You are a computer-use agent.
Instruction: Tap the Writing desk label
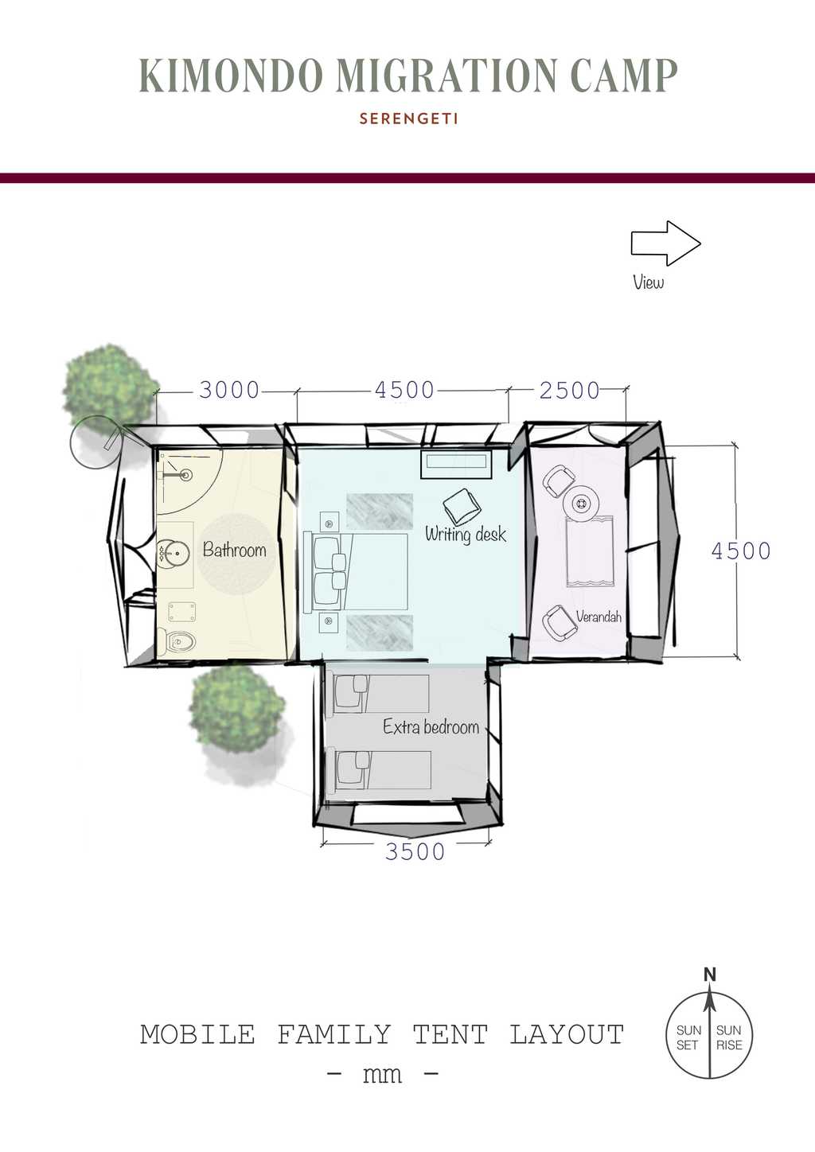466,535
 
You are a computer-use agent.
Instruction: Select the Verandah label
599,616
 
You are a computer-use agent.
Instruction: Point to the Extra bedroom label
431,726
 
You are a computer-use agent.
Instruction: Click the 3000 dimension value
229,390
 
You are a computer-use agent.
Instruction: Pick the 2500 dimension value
570,391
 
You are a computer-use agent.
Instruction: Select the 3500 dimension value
415,851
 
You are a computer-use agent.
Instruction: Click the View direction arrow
666,243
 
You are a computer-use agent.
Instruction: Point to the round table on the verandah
582,503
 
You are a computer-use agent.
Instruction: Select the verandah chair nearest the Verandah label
559,622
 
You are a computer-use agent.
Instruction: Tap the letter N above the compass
709,975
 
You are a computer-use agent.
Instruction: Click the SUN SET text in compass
688,1037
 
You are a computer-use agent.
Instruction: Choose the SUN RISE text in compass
729,1037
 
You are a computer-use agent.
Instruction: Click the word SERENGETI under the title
408,119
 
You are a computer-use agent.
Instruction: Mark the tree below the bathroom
236,708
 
